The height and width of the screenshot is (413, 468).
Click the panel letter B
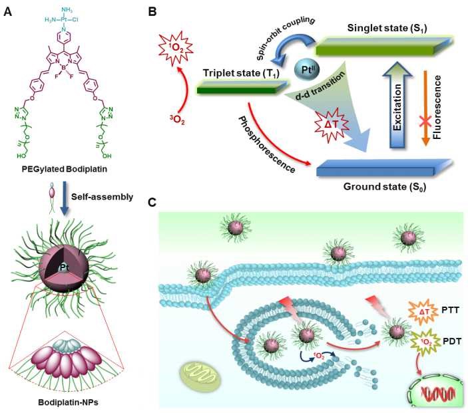[153, 11]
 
